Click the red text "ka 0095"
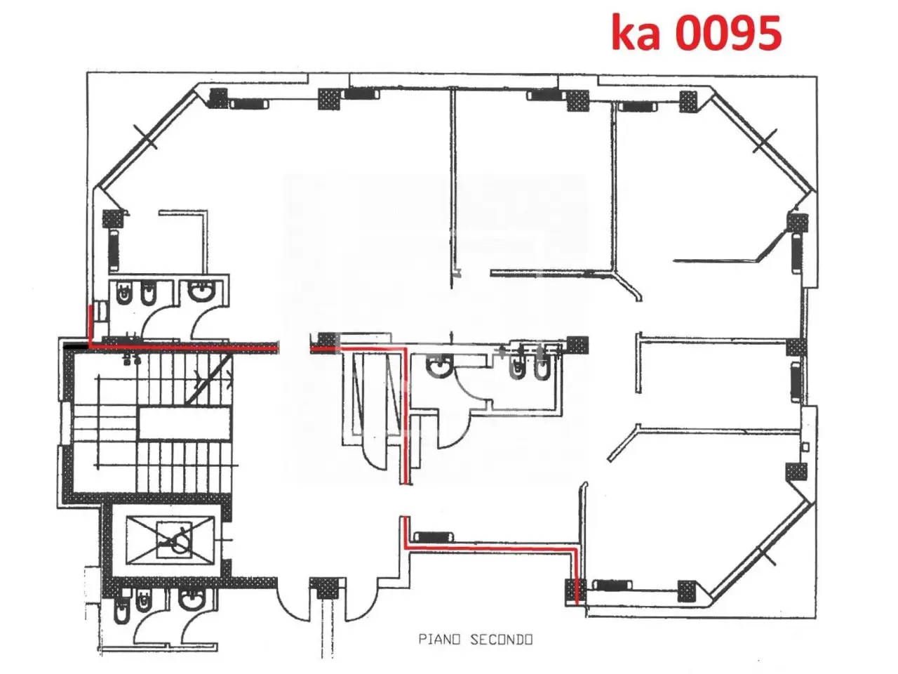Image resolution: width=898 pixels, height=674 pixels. tap(697, 33)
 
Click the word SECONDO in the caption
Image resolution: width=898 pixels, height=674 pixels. tap(501, 639)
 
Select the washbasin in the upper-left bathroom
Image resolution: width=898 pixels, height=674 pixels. tap(201, 290)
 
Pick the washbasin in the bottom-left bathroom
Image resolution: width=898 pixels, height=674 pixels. tap(192, 600)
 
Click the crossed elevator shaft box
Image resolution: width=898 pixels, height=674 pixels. tap(170, 540)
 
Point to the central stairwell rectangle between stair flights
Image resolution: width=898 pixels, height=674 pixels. tap(185, 423)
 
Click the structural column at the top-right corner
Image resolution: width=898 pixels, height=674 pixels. tap(688, 101)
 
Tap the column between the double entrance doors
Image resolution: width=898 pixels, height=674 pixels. tap(324, 588)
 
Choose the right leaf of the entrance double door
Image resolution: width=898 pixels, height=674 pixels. tap(358, 602)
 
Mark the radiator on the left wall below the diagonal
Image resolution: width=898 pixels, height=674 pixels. tap(114, 250)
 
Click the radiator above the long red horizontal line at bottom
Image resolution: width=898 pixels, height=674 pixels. tap(433, 536)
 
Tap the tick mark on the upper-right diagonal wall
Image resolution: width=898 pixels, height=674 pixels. tap(764, 141)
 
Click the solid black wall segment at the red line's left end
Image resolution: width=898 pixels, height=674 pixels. tap(76, 347)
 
